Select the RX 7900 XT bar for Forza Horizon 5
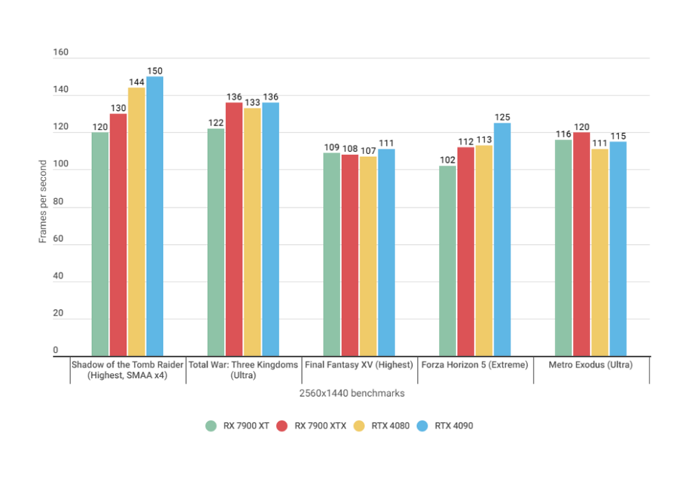coord(448,261)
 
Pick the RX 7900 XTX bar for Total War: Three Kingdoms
coord(234,229)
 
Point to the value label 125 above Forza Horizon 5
coord(502,117)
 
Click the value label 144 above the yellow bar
coord(136,82)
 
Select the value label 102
coord(448,160)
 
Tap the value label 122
coord(216,122)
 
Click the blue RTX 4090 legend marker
coord(423,426)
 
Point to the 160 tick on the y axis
coord(61,53)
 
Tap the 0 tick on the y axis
coord(55,351)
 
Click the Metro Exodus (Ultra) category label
coord(591,365)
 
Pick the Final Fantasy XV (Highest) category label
coord(359,365)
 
